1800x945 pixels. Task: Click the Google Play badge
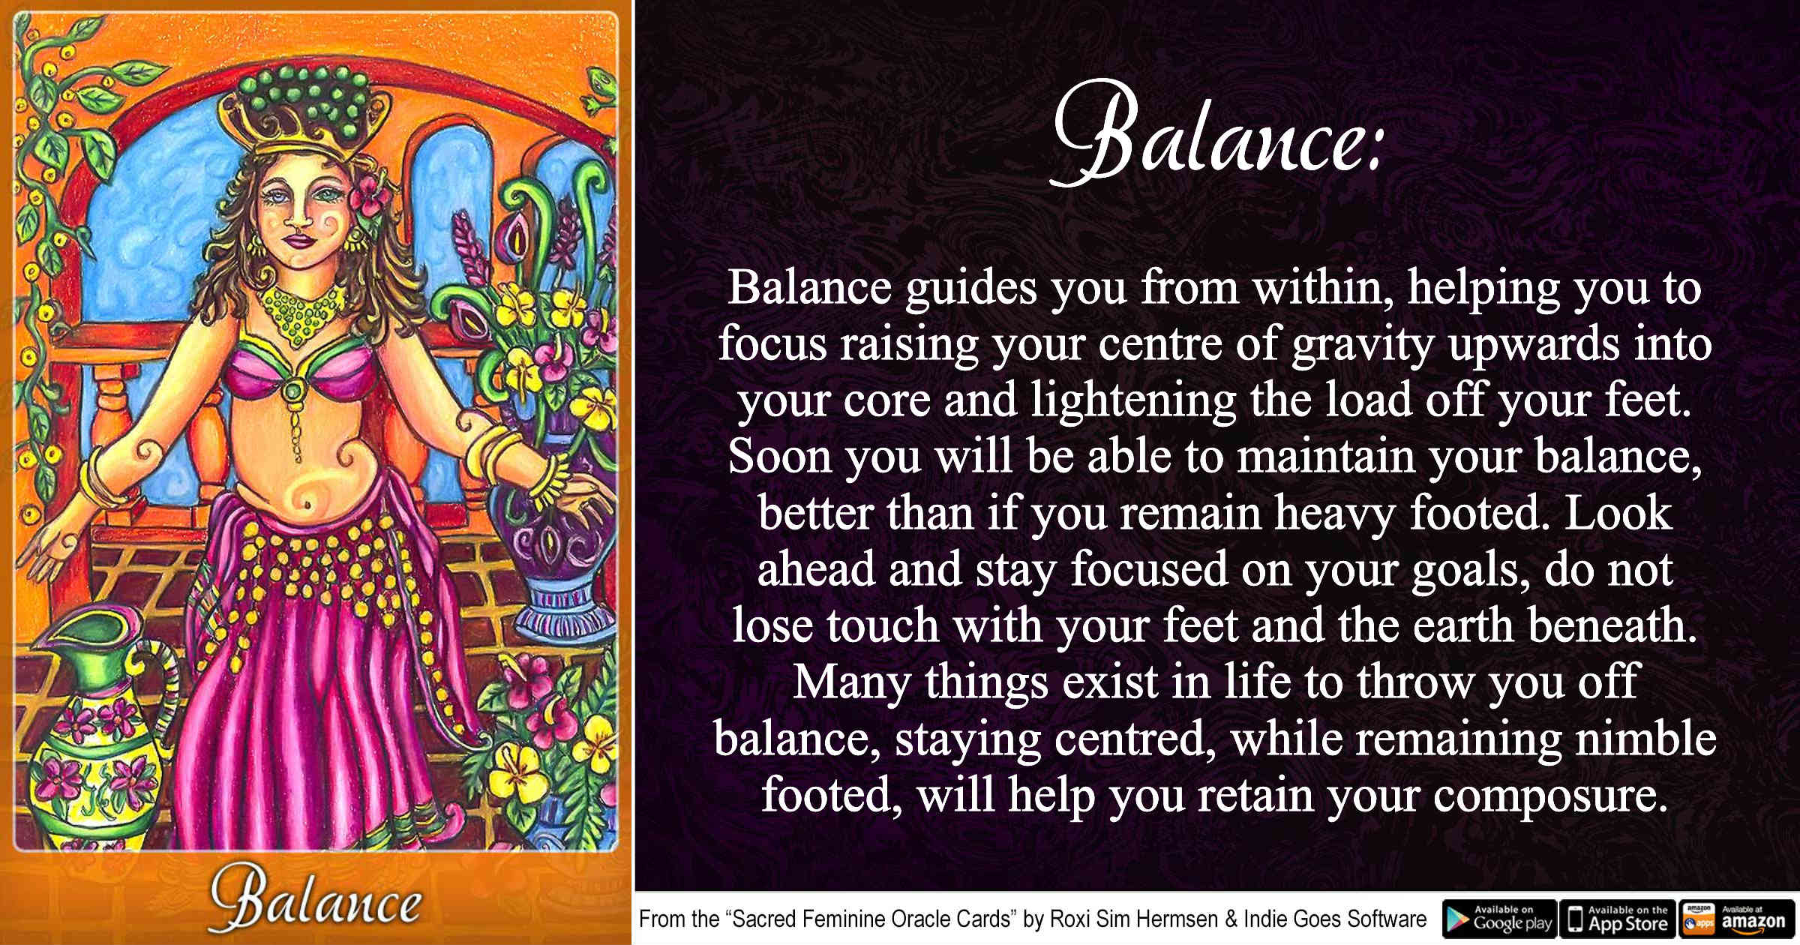(1499, 918)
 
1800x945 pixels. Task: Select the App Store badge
(1618, 918)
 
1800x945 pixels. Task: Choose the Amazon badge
(1737, 918)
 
